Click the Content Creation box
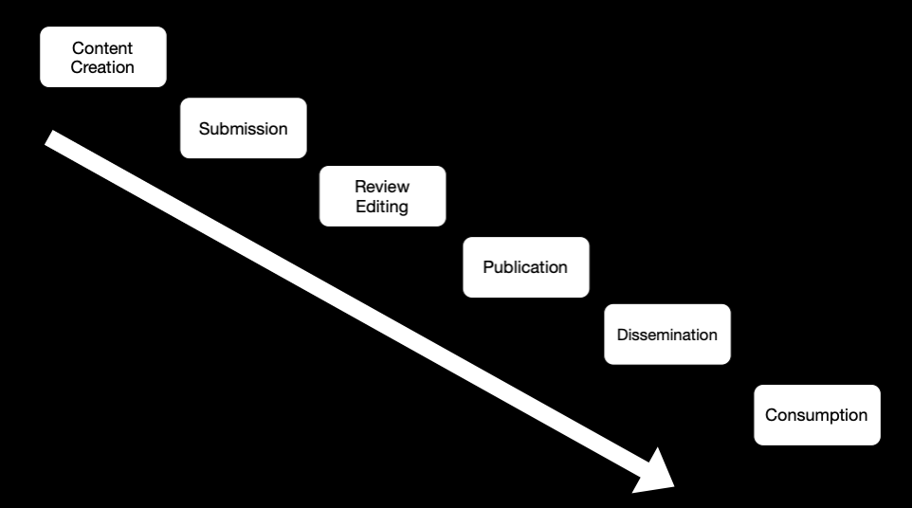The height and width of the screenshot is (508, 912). [103, 57]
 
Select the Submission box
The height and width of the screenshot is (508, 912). [243, 128]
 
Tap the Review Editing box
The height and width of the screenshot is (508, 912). [383, 196]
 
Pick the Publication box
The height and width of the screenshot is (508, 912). [526, 266]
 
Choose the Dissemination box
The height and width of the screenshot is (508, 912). [667, 335]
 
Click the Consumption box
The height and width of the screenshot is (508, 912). [817, 415]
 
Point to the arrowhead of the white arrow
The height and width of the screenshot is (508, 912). [659, 474]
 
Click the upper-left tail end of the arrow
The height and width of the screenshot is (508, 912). [49, 138]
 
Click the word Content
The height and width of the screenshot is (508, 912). [102, 47]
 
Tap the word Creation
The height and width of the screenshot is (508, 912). [102, 67]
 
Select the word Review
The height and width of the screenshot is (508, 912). [382, 187]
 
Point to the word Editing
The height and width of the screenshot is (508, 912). [382, 207]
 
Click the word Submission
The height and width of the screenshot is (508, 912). [243, 129]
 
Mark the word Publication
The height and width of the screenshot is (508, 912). [525, 266]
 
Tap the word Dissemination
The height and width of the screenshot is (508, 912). [667, 335]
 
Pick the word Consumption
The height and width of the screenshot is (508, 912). [816, 415]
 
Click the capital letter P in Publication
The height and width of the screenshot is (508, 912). [488, 266]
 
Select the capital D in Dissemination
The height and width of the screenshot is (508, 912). [623, 335]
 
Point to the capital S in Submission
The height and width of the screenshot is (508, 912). [205, 129]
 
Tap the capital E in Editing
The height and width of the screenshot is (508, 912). [360, 207]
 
